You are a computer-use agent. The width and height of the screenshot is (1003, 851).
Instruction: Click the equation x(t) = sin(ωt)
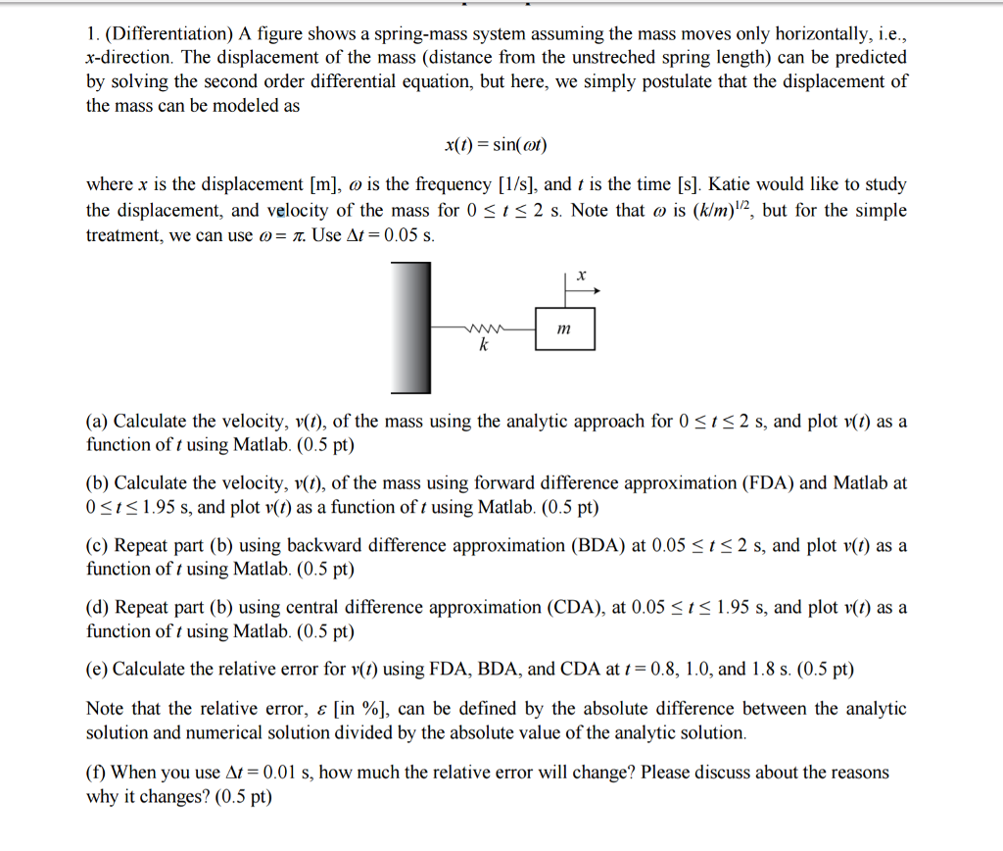(x=495, y=145)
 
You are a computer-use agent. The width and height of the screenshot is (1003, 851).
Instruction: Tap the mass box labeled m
(x=564, y=329)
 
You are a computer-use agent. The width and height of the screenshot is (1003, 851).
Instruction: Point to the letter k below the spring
(x=482, y=346)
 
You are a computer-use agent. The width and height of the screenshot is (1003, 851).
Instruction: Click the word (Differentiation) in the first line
(x=167, y=33)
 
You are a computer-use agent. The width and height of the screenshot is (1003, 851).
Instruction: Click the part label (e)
(x=97, y=670)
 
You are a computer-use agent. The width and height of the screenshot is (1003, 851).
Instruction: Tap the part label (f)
(x=96, y=773)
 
